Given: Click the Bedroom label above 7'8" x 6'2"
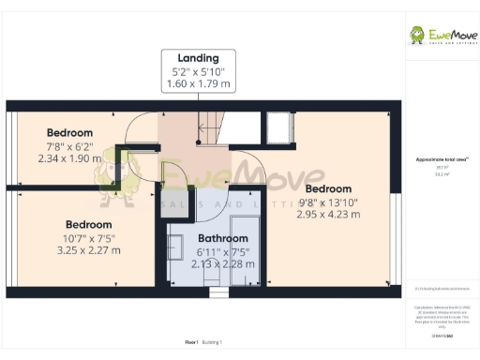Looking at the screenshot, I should (69, 132).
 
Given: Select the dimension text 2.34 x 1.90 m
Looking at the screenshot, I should (69, 158).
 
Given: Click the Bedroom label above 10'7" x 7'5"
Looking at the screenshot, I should (88, 224).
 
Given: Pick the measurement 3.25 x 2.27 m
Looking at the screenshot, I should (88, 250).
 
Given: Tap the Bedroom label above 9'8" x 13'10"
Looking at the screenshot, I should (328, 188).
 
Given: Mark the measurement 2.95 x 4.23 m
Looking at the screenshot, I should (328, 215).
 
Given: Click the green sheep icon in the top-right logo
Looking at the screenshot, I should (417, 35).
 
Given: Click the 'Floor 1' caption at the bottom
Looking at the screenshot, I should (191, 343).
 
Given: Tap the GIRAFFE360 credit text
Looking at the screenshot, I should (439, 334).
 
